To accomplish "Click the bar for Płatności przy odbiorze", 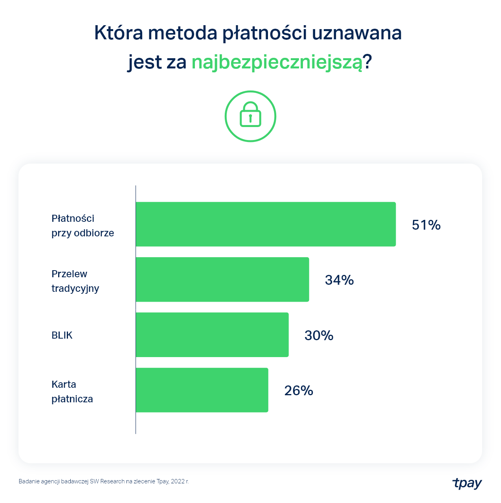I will click(x=266, y=224).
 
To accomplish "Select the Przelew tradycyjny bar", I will click(x=222, y=280).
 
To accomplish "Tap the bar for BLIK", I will click(x=212, y=335).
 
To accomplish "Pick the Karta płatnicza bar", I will click(x=202, y=390).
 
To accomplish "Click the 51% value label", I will click(x=426, y=225).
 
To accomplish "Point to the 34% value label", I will click(x=339, y=280).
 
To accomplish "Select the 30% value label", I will click(x=319, y=335).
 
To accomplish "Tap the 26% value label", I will click(x=299, y=391).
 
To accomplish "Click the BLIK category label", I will click(x=62, y=335).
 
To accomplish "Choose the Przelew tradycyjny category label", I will click(x=75, y=281).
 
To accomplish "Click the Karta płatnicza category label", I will click(x=72, y=392).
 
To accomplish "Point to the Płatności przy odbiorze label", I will click(x=83, y=226).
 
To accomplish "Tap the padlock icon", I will click(x=250, y=116).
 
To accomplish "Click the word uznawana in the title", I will click(x=357, y=33).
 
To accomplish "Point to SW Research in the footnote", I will click(x=107, y=481).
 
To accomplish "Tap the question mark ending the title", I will click(x=367, y=62).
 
